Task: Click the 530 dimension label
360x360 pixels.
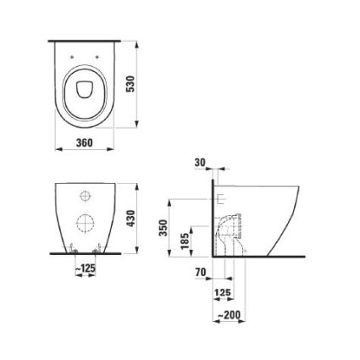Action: tap(130, 84)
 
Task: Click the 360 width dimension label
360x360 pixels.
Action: tap(84, 142)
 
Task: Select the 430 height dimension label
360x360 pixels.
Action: tap(130, 219)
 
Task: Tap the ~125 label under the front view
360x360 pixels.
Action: tap(86, 268)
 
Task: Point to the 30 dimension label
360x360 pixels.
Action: tap(200, 163)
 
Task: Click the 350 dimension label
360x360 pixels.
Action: tap(164, 228)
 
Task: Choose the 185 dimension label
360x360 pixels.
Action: tap(186, 241)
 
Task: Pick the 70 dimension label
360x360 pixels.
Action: tap(201, 272)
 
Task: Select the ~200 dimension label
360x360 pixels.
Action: tap(229, 314)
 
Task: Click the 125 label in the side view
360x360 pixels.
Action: tap(223, 292)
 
